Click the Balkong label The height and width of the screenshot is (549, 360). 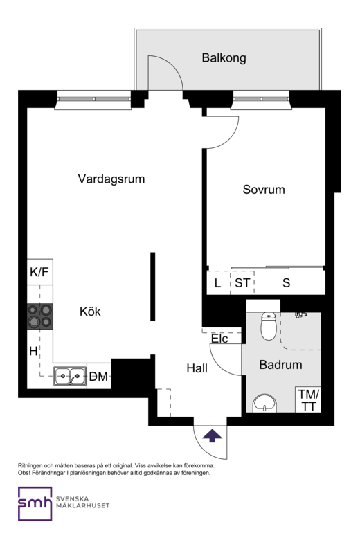tap(224, 57)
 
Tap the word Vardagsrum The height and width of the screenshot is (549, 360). tap(111, 179)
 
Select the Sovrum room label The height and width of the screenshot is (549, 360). tap(264, 190)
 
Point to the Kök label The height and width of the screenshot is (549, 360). tap(90, 312)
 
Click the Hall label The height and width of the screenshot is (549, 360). tap(197, 368)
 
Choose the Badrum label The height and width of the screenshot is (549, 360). tap(280, 365)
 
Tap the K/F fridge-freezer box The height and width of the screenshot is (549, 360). tap(40, 271)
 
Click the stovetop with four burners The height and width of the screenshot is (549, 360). tap(40, 316)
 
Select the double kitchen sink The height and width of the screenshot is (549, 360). tap(70, 376)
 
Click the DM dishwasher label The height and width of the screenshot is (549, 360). tap(98, 377)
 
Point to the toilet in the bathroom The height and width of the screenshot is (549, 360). tap(269, 325)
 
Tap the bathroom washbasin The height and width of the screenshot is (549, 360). tap(264, 404)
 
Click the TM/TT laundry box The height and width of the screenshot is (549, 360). tap(308, 399)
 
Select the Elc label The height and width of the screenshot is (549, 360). tap(219, 339)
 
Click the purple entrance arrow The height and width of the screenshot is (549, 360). tap(213, 436)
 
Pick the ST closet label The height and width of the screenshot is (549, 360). tap(242, 282)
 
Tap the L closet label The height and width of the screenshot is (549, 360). tap(218, 283)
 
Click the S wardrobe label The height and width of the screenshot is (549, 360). tap(287, 282)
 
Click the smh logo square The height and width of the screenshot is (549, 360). tap(35, 504)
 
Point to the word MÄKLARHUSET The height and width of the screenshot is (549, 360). tap(82, 505)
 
